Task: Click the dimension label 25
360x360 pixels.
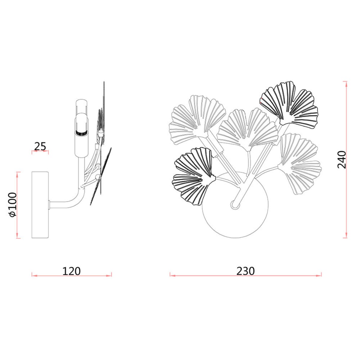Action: [40, 146]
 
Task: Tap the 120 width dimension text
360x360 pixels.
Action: [72, 271]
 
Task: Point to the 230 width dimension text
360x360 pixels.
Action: [245, 271]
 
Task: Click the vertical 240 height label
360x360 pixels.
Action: [342, 160]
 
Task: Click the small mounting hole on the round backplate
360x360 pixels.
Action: [235, 204]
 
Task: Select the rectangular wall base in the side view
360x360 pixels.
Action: [40, 205]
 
